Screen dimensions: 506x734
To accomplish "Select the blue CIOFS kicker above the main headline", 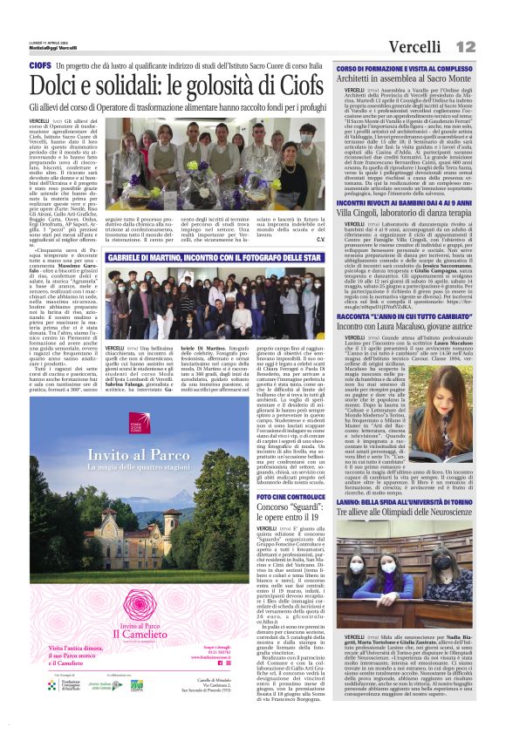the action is [x=39, y=65].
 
